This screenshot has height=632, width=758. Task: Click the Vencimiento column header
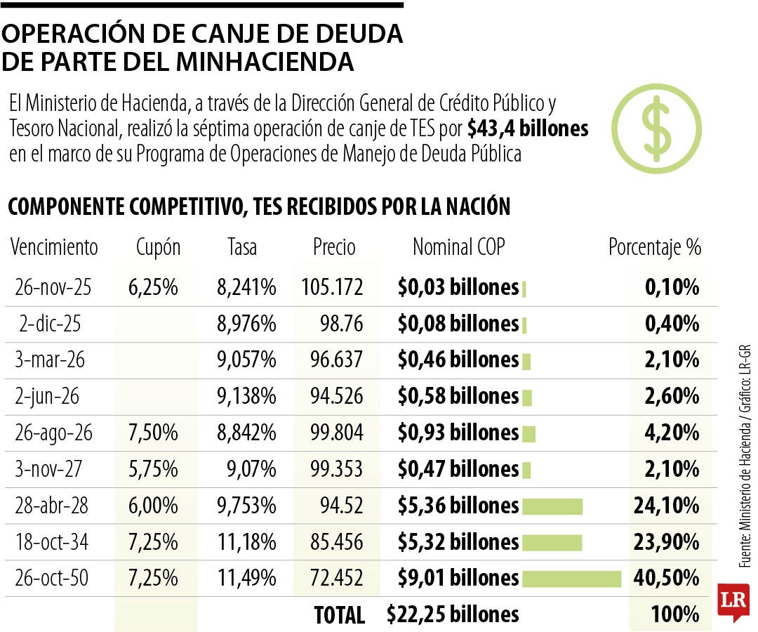click(55, 247)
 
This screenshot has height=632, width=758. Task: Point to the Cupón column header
click(158, 247)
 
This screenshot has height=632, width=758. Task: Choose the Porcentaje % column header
click(654, 247)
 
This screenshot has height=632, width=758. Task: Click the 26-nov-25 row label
click(53, 287)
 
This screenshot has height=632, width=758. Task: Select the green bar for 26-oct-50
click(572, 578)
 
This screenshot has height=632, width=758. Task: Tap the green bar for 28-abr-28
click(552, 506)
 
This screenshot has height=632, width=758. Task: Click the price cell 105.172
click(332, 287)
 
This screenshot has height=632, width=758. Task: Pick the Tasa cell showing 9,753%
click(246, 506)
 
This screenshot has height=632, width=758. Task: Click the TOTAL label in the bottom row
click(340, 615)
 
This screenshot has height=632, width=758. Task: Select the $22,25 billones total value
click(453, 614)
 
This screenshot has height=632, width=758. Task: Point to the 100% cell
click(675, 614)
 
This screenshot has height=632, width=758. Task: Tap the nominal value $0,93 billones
click(458, 433)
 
